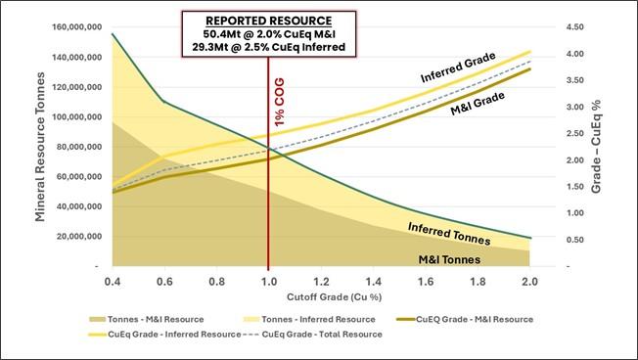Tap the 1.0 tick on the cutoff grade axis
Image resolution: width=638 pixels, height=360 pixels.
click(x=267, y=280)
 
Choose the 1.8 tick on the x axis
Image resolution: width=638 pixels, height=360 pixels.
click(x=476, y=280)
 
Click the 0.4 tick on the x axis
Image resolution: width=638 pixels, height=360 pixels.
click(x=112, y=280)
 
